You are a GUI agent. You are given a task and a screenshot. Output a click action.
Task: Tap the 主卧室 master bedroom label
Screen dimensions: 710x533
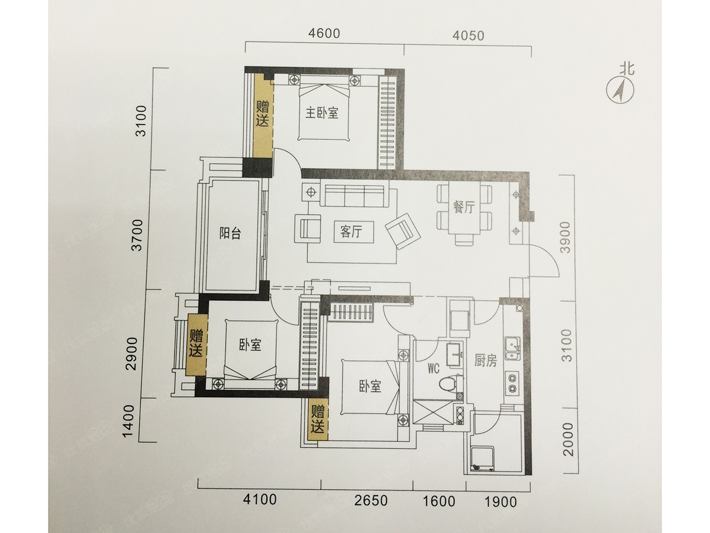tap(321, 113)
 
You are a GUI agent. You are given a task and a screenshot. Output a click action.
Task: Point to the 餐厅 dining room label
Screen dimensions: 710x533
tap(464, 207)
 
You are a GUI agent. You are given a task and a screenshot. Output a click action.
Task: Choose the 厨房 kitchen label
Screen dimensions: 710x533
tap(486, 361)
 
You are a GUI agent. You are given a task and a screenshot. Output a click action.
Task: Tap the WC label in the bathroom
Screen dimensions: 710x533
tap(433, 368)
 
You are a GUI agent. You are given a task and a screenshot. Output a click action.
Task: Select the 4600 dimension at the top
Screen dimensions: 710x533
tap(324, 33)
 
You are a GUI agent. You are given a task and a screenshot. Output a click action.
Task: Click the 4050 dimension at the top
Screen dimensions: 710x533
tap(468, 36)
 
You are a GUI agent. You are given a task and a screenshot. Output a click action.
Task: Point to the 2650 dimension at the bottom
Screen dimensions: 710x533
tap(371, 501)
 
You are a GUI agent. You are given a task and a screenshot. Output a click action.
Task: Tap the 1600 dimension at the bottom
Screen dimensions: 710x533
tap(439, 502)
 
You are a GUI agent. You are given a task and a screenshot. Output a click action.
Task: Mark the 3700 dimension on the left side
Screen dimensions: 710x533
tap(138, 235)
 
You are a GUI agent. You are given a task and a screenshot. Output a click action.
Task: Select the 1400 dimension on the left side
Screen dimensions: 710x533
tap(128, 420)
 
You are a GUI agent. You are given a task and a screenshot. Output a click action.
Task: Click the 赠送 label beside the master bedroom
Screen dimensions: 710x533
tap(263, 114)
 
